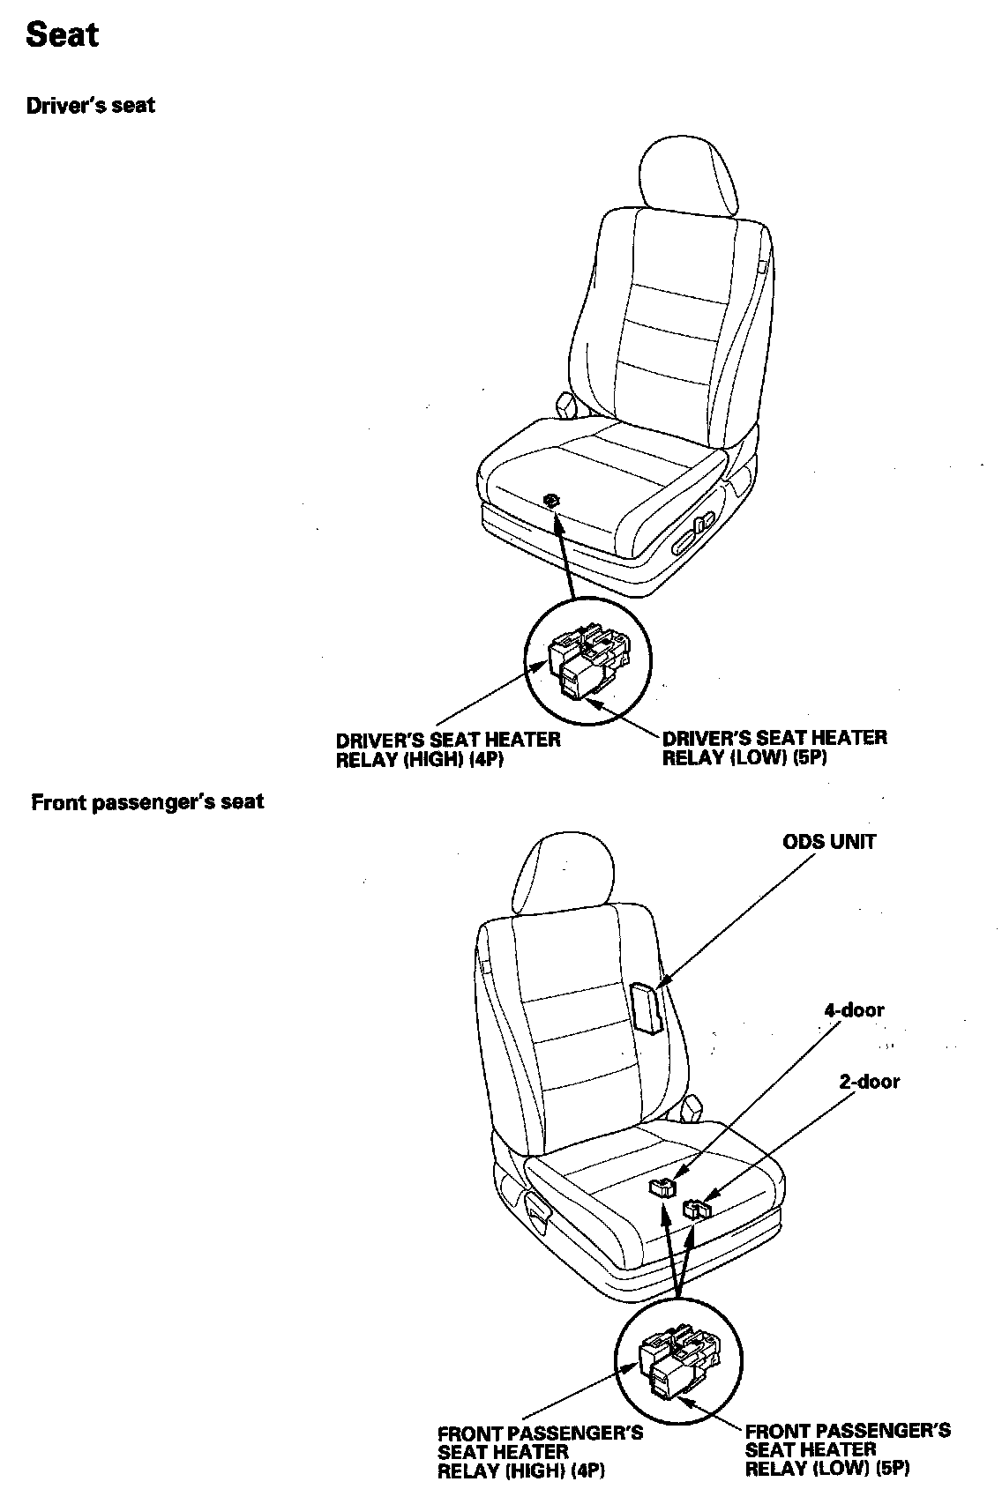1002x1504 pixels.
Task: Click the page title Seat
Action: click(x=62, y=35)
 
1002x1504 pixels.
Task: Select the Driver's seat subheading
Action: click(x=90, y=106)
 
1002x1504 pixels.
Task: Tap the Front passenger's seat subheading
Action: click(x=147, y=802)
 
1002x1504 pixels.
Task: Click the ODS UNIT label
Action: click(x=829, y=841)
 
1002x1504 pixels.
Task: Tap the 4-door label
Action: click(x=853, y=1010)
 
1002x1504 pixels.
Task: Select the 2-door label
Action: click(x=869, y=1081)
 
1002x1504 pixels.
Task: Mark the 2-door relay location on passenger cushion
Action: click(x=699, y=1207)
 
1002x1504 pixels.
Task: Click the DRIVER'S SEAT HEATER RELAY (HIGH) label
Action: click(x=448, y=749)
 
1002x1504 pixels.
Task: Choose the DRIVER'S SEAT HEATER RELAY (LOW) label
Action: click(x=774, y=748)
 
